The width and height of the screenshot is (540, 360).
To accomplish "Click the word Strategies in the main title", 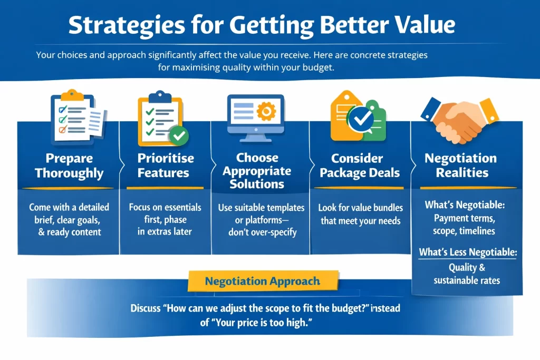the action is (127, 25).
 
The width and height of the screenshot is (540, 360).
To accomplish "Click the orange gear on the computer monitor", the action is (266, 111).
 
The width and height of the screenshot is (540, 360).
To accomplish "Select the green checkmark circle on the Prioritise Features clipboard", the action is (179, 135).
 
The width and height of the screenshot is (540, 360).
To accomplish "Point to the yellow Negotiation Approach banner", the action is (263, 281).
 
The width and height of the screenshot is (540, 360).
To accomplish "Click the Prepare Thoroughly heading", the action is (69, 166).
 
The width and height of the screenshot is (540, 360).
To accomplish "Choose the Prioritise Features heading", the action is (166, 165).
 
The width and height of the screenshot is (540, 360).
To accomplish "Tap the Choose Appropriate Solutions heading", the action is (257, 171).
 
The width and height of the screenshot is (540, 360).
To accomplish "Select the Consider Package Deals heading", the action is (360, 165).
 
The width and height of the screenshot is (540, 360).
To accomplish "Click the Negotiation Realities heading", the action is (461, 165).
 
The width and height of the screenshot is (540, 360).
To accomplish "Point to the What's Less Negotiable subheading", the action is (468, 252).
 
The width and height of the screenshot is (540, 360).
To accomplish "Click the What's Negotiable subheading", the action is (465, 205).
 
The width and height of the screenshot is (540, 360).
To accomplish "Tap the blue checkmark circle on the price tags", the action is (361, 119).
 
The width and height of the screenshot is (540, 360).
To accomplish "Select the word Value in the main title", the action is (425, 25).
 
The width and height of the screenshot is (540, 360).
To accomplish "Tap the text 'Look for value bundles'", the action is (361, 208).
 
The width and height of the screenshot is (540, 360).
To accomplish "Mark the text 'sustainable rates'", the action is (467, 280).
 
